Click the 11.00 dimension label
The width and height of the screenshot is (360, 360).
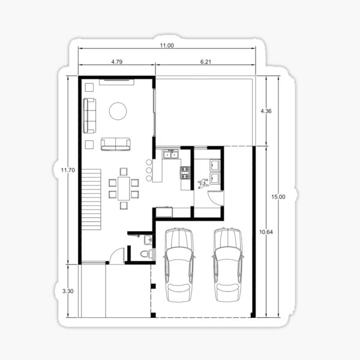[x=167, y=45]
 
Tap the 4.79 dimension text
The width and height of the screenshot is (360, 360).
[x=117, y=62]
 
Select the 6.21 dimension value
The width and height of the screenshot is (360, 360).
[x=205, y=62]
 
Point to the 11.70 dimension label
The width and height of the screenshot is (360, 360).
[x=68, y=170]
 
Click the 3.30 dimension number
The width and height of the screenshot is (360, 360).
[x=68, y=291]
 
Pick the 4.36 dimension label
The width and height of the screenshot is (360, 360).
[x=266, y=111]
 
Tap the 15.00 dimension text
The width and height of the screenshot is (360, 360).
[x=278, y=197]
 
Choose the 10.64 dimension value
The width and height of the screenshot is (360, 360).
[x=266, y=232]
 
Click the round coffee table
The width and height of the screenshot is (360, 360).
[x=118, y=111]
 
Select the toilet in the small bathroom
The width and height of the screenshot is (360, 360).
[x=146, y=254]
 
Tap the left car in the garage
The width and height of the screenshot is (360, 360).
[x=179, y=265]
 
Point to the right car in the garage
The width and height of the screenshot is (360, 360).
[x=228, y=265]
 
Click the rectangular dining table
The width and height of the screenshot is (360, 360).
[x=124, y=188]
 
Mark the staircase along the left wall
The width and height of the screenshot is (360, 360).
[x=91, y=199]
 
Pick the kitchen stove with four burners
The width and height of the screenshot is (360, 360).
[x=185, y=173]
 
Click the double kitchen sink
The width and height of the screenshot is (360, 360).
[x=171, y=154]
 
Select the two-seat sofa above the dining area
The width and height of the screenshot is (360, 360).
[x=116, y=144]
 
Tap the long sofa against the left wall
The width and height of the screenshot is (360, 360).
[x=89, y=116]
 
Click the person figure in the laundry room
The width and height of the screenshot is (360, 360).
[x=203, y=184]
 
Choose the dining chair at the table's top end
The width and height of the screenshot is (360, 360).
[x=124, y=172]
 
